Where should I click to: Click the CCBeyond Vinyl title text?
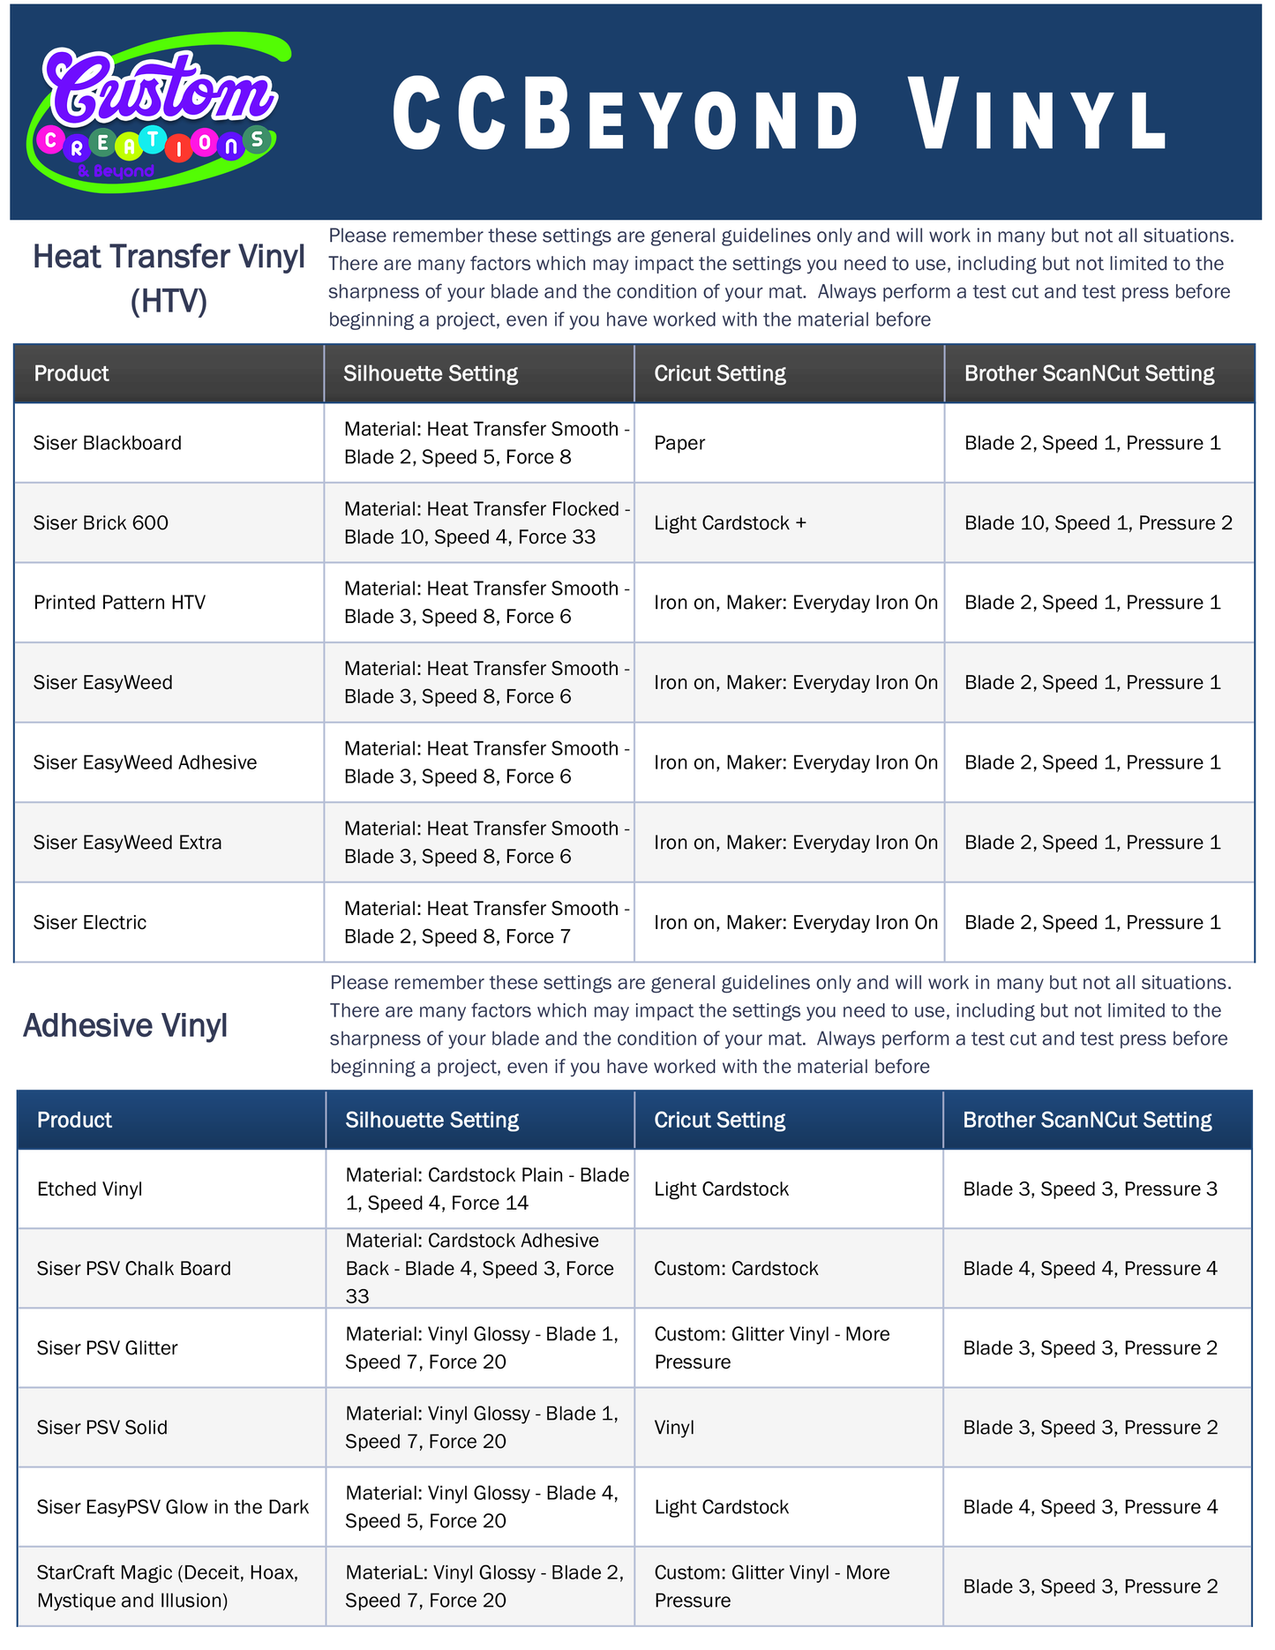[780, 115]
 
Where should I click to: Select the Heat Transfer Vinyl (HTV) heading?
[169, 278]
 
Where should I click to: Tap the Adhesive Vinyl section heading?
[125, 1025]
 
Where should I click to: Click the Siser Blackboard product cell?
[108, 443]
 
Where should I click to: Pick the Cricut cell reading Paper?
[679, 443]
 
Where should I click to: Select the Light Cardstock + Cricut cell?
[730, 523]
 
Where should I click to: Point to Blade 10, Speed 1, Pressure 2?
[1098, 523]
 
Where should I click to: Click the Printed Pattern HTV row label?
[119, 603]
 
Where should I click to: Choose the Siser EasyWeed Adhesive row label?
[145, 762]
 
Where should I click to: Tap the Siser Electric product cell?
[90, 923]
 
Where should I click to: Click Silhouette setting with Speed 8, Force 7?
[486, 923]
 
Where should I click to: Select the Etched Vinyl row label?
[89, 1189]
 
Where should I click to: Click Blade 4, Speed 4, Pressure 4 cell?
[1090, 1269]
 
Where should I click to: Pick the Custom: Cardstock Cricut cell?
[736, 1269]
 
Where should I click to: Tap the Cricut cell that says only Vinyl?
[674, 1428]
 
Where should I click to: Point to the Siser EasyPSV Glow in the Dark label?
[172, 1507]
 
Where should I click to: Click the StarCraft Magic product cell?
[168, 1586]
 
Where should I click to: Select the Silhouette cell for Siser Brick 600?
[486, 523]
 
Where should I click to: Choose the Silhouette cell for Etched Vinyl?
[487, 1189]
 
